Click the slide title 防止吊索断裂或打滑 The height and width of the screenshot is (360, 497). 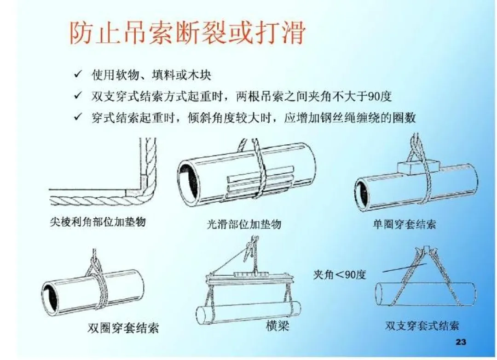[x=187, y=33]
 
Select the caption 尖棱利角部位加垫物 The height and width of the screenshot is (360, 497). [x=98, y=222]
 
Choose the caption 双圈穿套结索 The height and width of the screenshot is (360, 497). [x=123, y=328]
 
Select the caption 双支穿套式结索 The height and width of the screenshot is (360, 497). [x=422, y=326]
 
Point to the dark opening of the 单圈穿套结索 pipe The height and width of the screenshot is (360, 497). [x=363, y=193]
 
